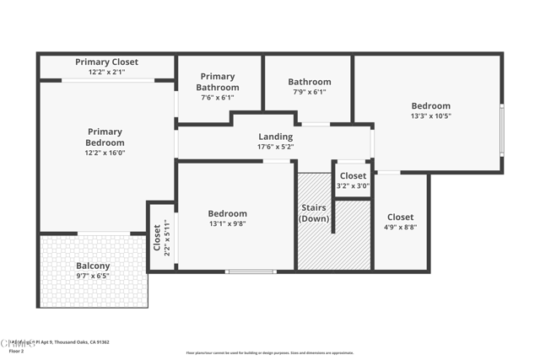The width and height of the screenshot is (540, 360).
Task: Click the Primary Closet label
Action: click(x=106, y=62)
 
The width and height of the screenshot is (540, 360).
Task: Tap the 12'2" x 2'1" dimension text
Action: click(x=106, y=72)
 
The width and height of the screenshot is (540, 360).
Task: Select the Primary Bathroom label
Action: click(x=218, y=82)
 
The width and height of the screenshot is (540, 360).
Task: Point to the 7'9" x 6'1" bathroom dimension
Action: click(x=309, y=92)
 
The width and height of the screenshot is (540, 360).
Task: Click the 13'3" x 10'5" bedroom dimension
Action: click(x=430, y=116)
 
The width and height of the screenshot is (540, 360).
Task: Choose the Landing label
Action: click(x=275, y=137)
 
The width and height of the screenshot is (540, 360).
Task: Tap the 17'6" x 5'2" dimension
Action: click(x=275, y=147)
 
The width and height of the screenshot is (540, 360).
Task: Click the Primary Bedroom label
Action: click(x=105, y=137)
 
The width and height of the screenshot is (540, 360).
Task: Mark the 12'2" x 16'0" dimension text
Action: click(x=105, y=153)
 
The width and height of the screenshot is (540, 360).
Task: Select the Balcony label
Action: click(x=93, y=266)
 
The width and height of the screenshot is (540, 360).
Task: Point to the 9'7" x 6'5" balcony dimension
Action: click(x=93, y=277)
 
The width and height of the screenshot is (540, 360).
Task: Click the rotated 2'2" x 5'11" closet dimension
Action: click(x=167, y=238)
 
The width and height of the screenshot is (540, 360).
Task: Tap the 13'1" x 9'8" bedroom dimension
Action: click(x=228, y=225)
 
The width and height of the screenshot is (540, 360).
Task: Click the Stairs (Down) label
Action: click(x=314, y=213)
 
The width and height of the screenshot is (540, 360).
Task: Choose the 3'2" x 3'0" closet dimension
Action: click(x=353, y=186)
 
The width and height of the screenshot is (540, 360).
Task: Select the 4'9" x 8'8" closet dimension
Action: click(x=400, y=227)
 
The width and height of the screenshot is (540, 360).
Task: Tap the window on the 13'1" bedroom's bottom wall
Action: click(x=250, y=271)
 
